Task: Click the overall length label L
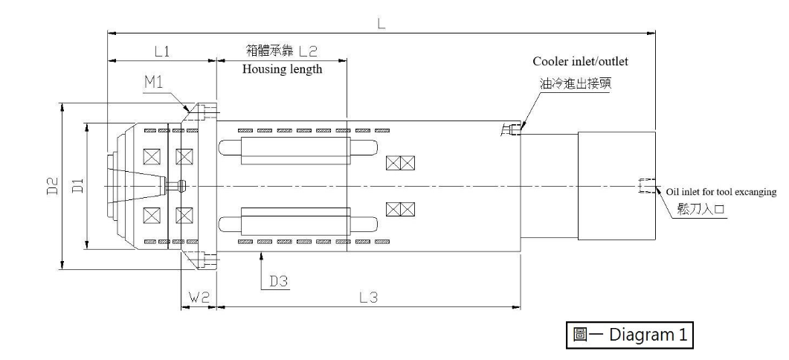point(381,24)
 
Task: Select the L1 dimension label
point(161,51)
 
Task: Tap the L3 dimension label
point(368,298)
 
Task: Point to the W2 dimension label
point(199,298)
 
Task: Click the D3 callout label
point(278,281)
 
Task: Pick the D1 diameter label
point(78,186)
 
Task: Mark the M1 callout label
point(153,82)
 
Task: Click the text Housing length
point(283,69)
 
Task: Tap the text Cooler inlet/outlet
point(581,62)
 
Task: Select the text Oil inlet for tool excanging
point(721,193)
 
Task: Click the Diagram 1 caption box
point(629,335)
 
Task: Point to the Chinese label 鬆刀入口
point(701,210)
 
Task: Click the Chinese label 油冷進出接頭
point(575,83)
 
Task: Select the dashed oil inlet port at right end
point(646,186)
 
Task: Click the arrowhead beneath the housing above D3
point(262,256)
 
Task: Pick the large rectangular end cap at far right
point(616,186)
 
